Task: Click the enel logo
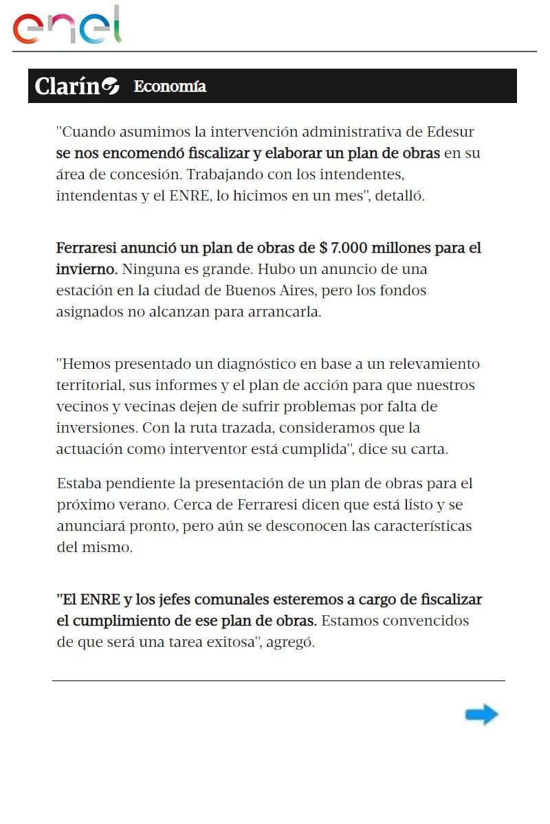click(x=67, y=26)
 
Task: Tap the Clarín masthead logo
click(x=76, y=87)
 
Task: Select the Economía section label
click(x=170, y=87)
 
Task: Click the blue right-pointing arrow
click(x=481, y=715)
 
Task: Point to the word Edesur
click(x=450, y=131)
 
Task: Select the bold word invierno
click(x=86, y=268)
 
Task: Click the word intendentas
click(x=96, y=196)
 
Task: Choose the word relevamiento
click(x=432, y=363)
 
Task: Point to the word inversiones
click(x=96, y=428)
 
